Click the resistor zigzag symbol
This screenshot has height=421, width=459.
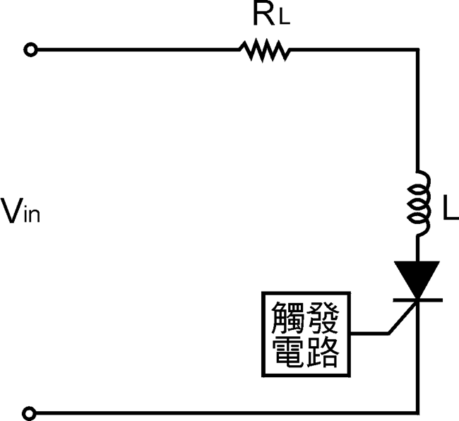(264, 50)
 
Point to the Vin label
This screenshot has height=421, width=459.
(20, 211)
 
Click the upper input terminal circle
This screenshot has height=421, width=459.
(30, 50)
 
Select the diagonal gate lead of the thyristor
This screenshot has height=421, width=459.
(401, 317)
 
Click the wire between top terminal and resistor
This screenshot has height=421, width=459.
(134, 50)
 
